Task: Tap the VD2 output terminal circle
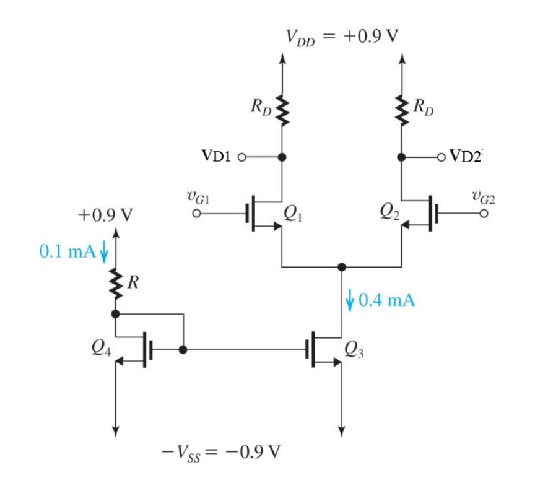(x=440, y=157)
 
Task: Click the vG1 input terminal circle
(x=197, y=214)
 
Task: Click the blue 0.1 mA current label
(x=66, y=251)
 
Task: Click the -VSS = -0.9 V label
(x=220, y=450)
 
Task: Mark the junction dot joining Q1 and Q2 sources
(x=341, y=267)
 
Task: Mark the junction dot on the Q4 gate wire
(x=183, y=350)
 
